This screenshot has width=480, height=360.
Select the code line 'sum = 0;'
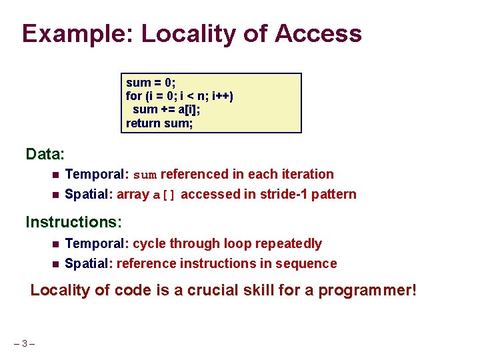tap(151, 83)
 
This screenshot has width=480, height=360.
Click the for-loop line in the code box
tap(179, 96)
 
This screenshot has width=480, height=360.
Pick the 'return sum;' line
tap(159, 123)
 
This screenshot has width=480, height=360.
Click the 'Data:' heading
tap(45, 154)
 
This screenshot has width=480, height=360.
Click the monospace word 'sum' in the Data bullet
tap(145, 175)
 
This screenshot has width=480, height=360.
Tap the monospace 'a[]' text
tap(165, 195)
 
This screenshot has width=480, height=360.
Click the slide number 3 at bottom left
tap(24, 344)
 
